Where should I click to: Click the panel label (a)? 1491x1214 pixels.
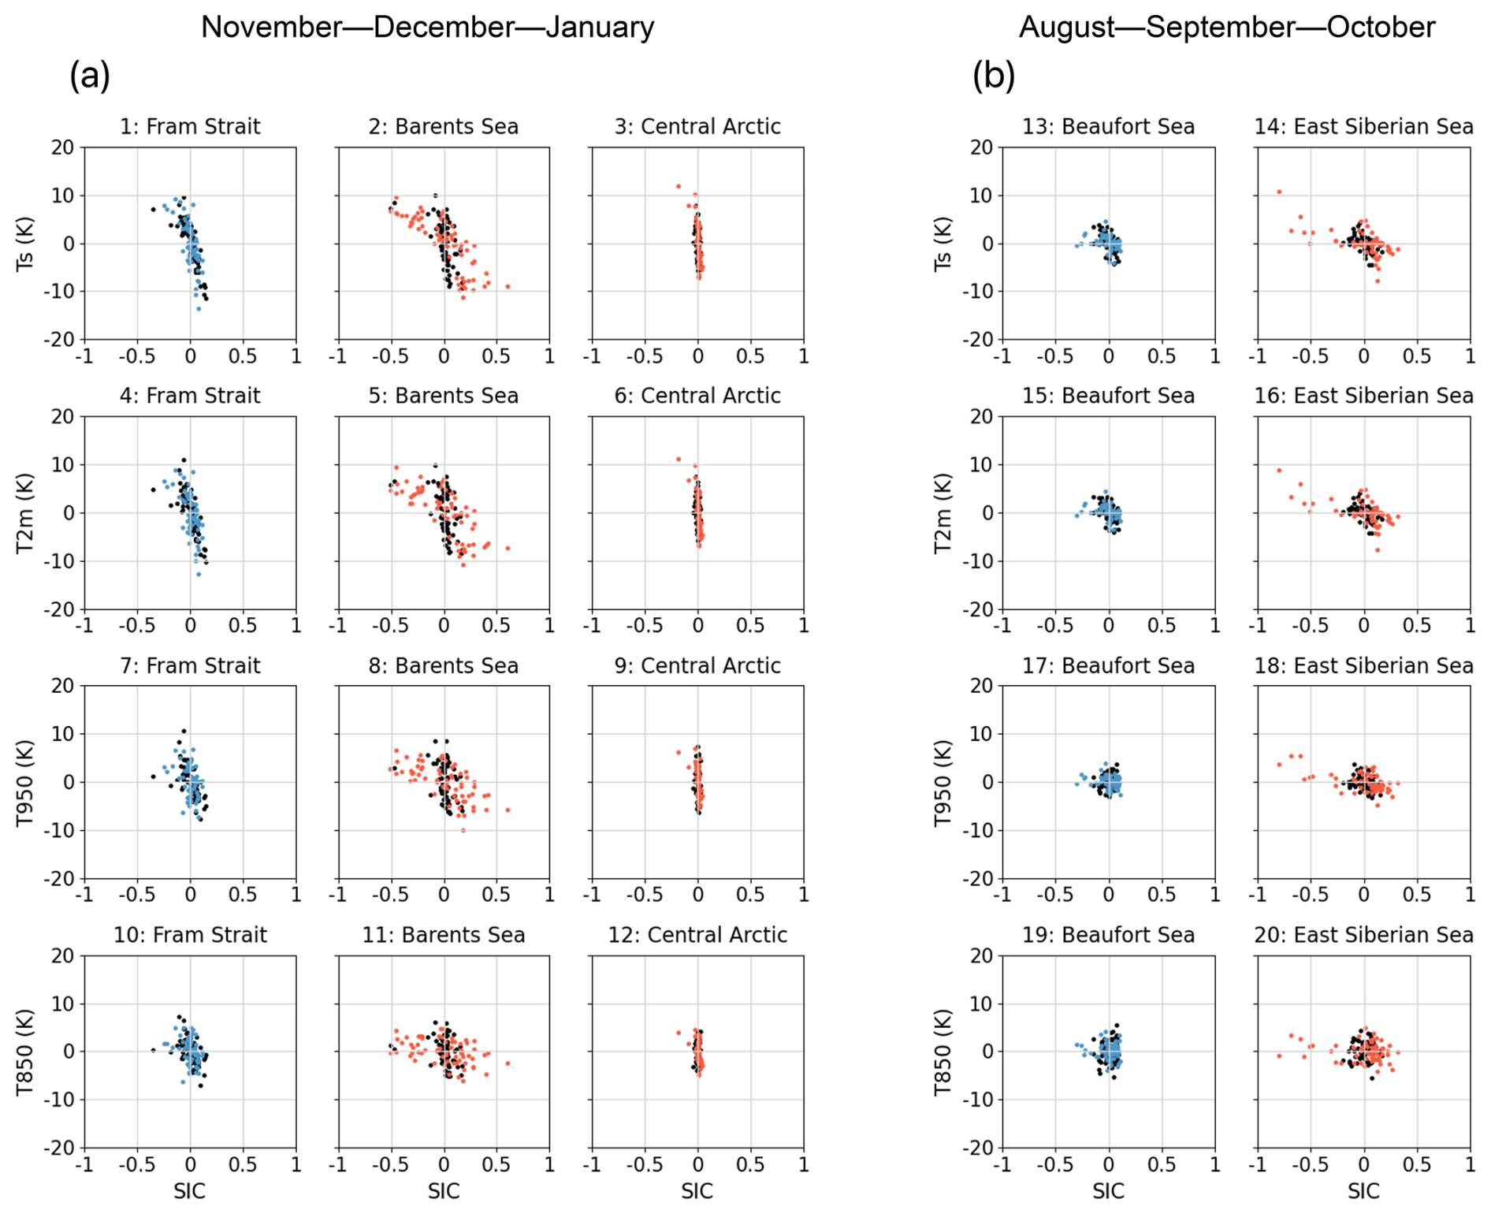coord(90,76)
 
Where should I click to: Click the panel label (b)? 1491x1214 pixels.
coord(994,76)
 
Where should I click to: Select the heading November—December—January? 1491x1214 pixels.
coord(427,27)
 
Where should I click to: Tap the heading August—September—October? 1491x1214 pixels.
coord(1227,28)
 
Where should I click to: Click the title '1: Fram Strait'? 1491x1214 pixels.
coord(190,126)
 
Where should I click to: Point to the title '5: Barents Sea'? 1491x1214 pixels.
coord(444,396)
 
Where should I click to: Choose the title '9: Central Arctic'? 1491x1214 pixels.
coord(697,665)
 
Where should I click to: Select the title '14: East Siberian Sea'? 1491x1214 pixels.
coord(1363,126)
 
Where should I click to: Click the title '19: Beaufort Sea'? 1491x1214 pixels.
coord(1108,935)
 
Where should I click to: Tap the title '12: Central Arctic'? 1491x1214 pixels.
coord(697,935)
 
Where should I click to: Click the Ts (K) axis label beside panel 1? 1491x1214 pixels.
coord(25,244)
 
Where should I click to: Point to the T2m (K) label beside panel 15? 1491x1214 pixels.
coord(943,513)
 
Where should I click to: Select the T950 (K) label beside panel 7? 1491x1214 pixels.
coord(25,783)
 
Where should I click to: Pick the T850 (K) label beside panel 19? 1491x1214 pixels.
coord(943,1052)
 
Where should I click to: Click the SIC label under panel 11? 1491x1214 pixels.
coord(444,1190)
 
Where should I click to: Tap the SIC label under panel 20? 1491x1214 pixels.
coord(1363,1190)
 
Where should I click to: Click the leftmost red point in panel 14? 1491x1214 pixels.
coord(1279,192)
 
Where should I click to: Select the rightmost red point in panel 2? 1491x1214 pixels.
coord(508,286)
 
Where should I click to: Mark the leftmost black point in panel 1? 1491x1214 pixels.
coord(153,209)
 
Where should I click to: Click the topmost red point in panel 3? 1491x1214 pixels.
coord(678,186)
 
